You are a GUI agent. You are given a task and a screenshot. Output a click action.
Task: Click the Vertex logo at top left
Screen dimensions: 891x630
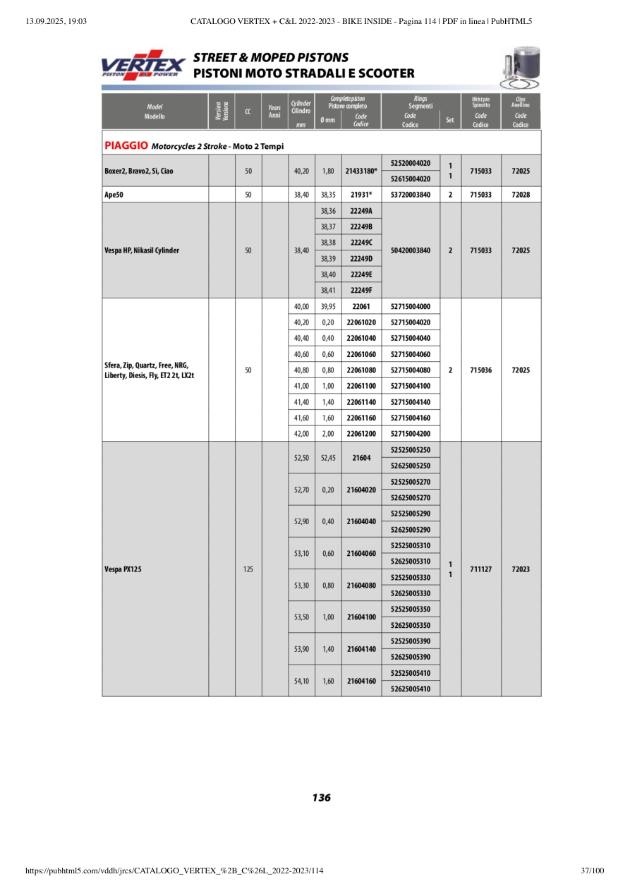click(143, 65)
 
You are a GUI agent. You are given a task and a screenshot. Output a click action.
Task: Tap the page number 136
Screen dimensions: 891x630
click(321, 798)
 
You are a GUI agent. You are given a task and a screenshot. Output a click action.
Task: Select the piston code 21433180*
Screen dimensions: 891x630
click(361, 171)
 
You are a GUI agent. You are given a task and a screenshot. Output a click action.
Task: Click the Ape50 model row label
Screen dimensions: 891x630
click(113, 195)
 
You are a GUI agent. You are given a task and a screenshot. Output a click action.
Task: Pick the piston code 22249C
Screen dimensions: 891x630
click(361, 243)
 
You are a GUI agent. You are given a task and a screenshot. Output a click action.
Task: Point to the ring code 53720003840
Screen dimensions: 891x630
click(410, 195)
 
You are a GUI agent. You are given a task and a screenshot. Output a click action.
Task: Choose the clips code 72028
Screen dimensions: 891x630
click(521, 195)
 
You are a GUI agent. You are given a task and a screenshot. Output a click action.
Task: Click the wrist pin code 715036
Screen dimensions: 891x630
click(480, 370)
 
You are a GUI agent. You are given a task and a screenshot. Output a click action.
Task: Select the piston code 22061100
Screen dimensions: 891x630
click(361, 386)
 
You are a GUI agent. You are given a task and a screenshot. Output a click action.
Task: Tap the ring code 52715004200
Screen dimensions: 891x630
click(410, 433)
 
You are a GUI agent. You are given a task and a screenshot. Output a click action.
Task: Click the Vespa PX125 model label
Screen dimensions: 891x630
click(123, 569)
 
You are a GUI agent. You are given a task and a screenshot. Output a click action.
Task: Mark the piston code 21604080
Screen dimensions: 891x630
click(361, 585)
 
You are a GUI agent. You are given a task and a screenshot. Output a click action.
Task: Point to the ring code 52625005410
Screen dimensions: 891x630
click(410, 688)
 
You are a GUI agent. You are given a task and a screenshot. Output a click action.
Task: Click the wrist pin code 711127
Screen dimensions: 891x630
click(480, 569)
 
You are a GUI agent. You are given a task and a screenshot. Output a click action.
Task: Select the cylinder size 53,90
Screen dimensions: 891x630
click(301, 648)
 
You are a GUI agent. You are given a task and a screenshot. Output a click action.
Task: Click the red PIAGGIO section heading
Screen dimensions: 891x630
click(126, 146)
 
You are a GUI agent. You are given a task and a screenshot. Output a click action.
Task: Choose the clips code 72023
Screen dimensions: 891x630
click(521, 569)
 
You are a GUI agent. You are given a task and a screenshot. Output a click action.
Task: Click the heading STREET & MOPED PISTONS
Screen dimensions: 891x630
click(271, 58)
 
